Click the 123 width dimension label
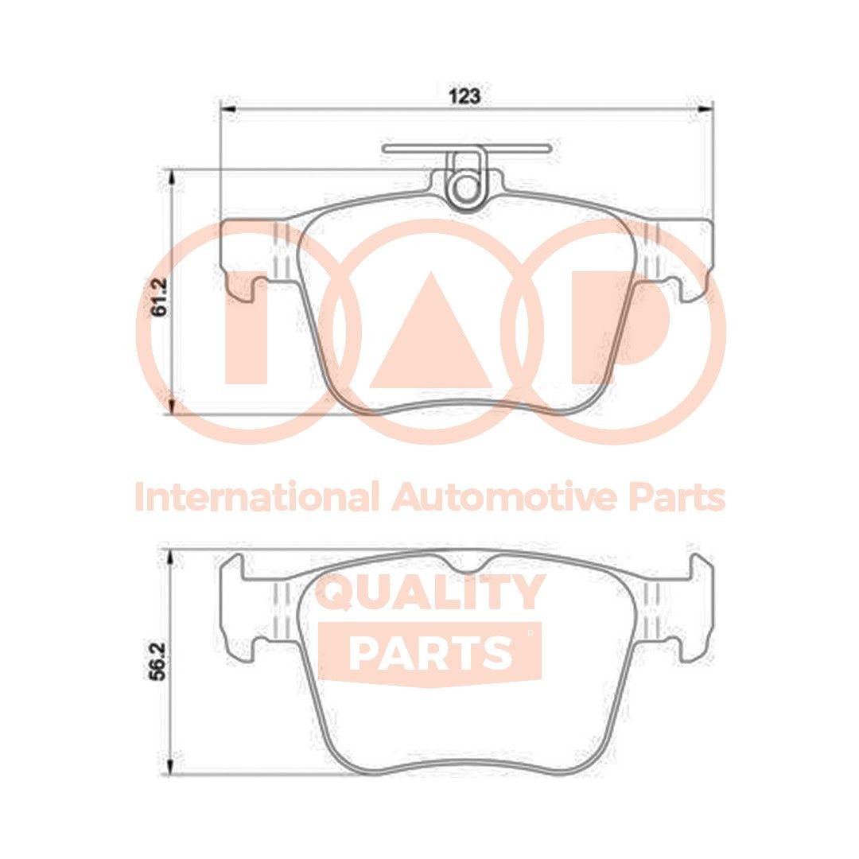click(465, 96)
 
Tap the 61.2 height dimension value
click(159, 297)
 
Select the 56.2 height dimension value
click(159, 662)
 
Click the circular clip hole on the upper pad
click(465, 189)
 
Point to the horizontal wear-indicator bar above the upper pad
click(465, 147)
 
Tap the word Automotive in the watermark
click(504, 498)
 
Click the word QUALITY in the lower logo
click(430, 593)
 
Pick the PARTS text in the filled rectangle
click(429, 652)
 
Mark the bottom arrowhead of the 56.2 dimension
click(169, 768)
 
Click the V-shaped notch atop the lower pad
click(466, 565)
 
